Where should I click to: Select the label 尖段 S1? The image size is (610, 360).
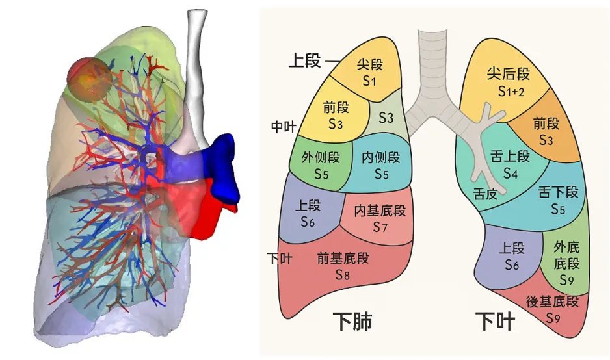click(x=369, y=72)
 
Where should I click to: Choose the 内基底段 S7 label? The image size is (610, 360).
click(x=380, y=218)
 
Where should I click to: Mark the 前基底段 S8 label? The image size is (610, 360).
click(x=343, y=266)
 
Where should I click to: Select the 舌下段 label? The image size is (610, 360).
click(x=559, y=200)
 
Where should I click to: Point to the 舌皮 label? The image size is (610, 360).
click(x=485, y=193)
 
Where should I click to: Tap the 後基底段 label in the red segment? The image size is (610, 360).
click(x=552, y=309)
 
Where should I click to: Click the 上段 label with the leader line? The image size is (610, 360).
click(x=304, y=61)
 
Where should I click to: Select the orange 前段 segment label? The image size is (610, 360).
click(x=546, y=131)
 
